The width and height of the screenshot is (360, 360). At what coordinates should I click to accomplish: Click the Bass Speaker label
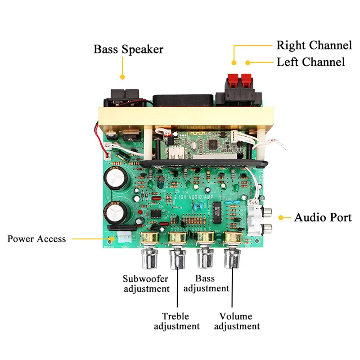click(x=128, y=49)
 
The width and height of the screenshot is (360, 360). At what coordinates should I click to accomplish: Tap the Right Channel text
click(x=314, y=45)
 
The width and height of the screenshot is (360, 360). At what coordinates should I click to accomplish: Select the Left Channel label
click(x=310, y=62)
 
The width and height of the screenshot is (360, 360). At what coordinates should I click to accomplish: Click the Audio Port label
click(x=323, y=218)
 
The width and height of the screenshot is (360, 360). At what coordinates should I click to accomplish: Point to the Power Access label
click(x=36, y=239)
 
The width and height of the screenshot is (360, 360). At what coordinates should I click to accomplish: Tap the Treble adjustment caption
click(x=176, y=321)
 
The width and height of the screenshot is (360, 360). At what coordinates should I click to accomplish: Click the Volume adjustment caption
click(x=236, y=321)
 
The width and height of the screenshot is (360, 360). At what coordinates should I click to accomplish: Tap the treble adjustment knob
click(x=176, y=260)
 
